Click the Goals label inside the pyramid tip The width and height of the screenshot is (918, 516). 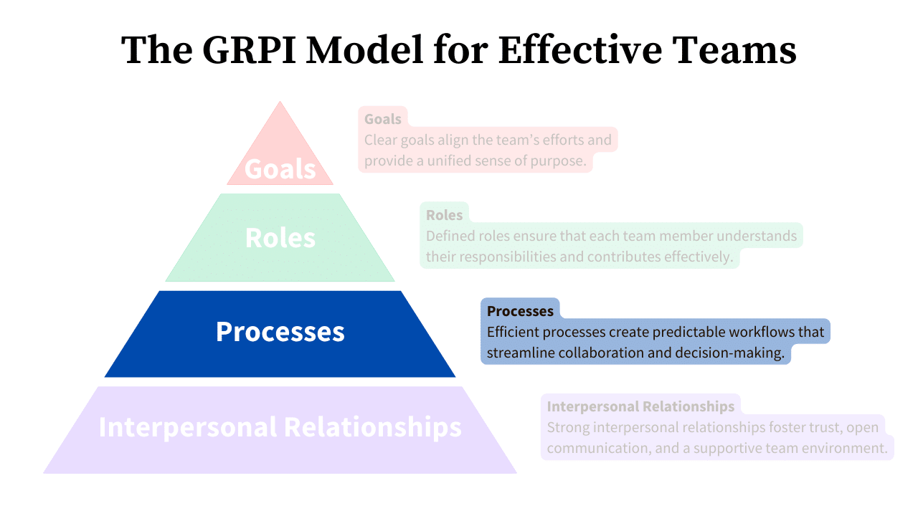[280, 169]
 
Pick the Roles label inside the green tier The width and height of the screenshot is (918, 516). [280, 238]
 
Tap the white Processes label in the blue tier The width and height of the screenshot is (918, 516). [280, 332]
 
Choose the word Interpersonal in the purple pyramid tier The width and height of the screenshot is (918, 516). [187, 426]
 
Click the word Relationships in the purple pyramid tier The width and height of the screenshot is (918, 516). [373, 426]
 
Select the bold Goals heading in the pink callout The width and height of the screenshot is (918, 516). [383, 119]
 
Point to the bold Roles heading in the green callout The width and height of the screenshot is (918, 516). [445, 215]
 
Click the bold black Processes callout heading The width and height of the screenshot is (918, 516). [520, 311]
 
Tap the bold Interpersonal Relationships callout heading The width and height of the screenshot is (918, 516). [640, 406]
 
